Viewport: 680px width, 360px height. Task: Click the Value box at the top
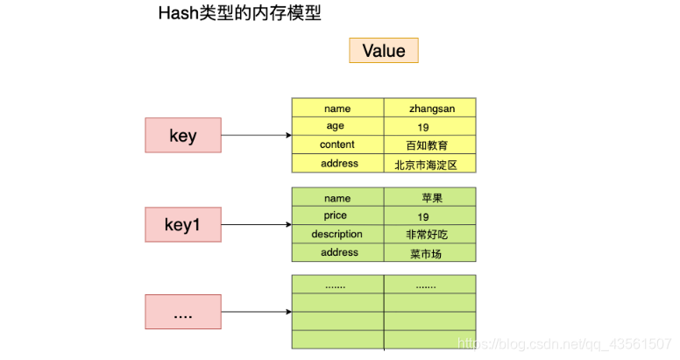tap(384, 50)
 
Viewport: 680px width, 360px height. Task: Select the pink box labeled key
tap(183, 136)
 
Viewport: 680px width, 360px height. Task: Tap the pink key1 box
tap(183, 224)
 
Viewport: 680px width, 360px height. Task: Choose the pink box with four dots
tap(183, 312)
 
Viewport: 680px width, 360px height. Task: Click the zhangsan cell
tap(429, 109)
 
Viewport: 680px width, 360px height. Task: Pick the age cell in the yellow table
tap(337, 126)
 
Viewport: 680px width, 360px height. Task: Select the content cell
tap(337, 145)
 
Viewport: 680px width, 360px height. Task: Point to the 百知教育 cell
tap(429, 145)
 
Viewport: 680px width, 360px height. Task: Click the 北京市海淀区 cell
tap(429, 164)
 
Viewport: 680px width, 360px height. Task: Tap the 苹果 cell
tap(429, 198)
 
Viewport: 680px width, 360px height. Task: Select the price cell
tap(337, 215)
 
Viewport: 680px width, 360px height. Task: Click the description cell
tap(337, 234)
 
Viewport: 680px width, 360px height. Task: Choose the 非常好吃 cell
tap(429, 235)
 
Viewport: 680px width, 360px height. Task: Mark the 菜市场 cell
tap(429, 253)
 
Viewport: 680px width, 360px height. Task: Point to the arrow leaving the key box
tap(256, 136)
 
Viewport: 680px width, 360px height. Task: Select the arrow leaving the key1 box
tap(256, 224)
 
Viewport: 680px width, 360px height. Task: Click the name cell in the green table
tap(337, 198)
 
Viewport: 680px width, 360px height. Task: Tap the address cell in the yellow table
tap(337, 164)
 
